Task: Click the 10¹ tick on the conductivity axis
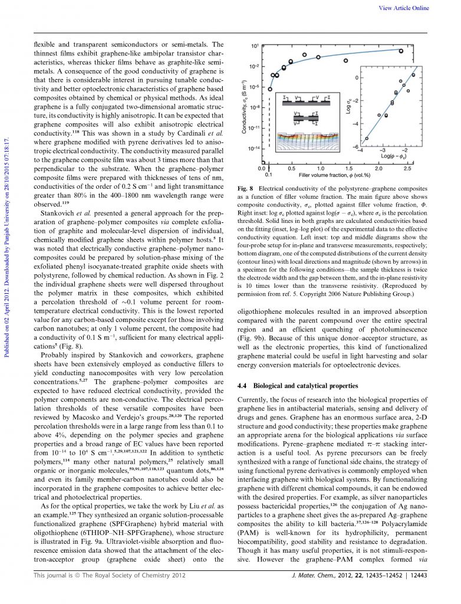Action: pos(254,45)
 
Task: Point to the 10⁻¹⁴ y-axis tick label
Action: pos(252,147)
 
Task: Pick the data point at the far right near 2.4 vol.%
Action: pos(401,51)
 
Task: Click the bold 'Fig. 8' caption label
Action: pos(245,188)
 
